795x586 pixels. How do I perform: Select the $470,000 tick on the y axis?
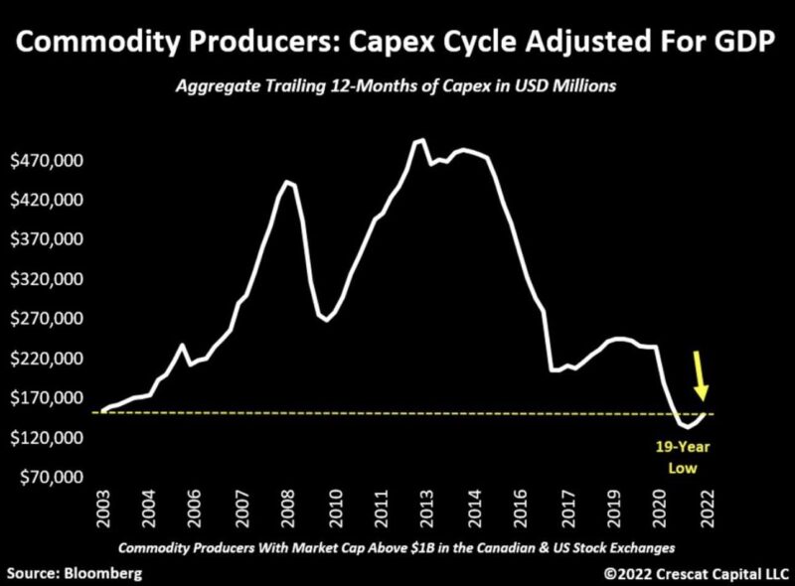pos(47,161)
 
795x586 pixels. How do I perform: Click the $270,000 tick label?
pos(47,319)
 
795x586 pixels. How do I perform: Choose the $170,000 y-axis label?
pos(47,398)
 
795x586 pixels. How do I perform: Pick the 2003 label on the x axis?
pos(103,512)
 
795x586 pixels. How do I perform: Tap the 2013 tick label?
pos(430,512)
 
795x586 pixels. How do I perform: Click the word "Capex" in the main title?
pos(419,45)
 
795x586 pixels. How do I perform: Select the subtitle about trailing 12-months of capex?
pos(397,86)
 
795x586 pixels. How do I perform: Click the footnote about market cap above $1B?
pos(397,548)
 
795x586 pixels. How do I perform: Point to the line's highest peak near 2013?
pos(421,140)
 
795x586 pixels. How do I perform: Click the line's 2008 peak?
pos(286,181)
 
